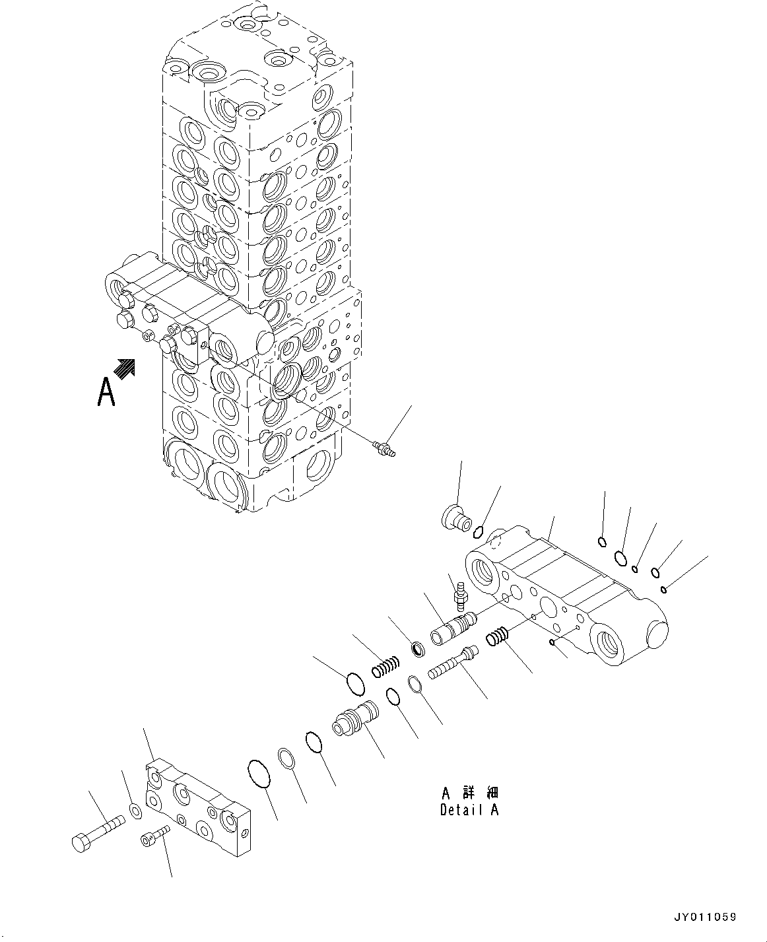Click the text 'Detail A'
[469, 809]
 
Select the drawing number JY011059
[704, 917]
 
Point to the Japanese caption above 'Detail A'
[469, 792]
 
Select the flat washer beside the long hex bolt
[135, 811]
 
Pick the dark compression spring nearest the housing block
[499, 638]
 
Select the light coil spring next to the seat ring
[386, 667]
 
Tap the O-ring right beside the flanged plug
[481, 529]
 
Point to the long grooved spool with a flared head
[454, 663]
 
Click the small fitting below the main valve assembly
[383, 450]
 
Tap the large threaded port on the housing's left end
[484, 568]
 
